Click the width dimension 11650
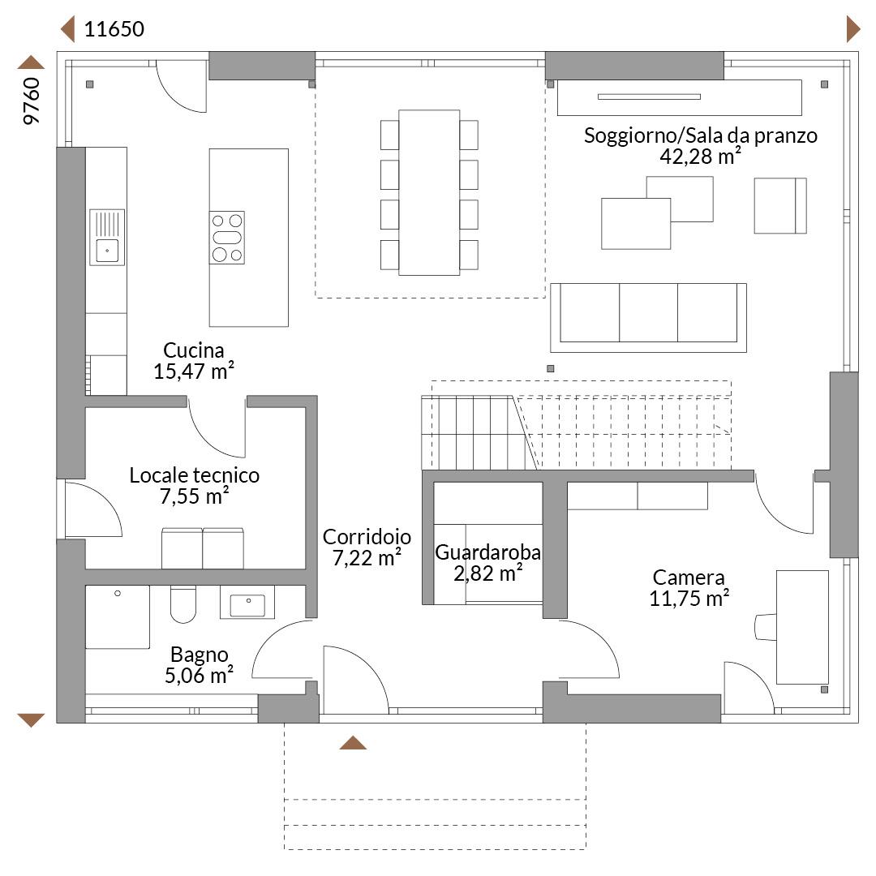point(114,29)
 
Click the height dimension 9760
point(32,101)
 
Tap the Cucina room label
point(193,350)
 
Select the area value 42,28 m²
point(701,157)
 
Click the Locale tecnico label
point(195,475)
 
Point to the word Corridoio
point(367,537)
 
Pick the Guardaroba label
point(487,552)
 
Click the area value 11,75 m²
point(689,599)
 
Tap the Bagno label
point(200,655)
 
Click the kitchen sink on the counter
point(107,237)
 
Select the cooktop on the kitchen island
point(227,238)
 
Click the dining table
point(429,193)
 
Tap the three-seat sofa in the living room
point(648,317)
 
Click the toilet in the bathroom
point(182,604)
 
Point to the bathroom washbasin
point(247,602)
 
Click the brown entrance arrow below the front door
point(353,742)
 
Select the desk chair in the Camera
point(766,627)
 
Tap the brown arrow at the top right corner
point(853,29)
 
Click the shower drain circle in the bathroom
point(118,593)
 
